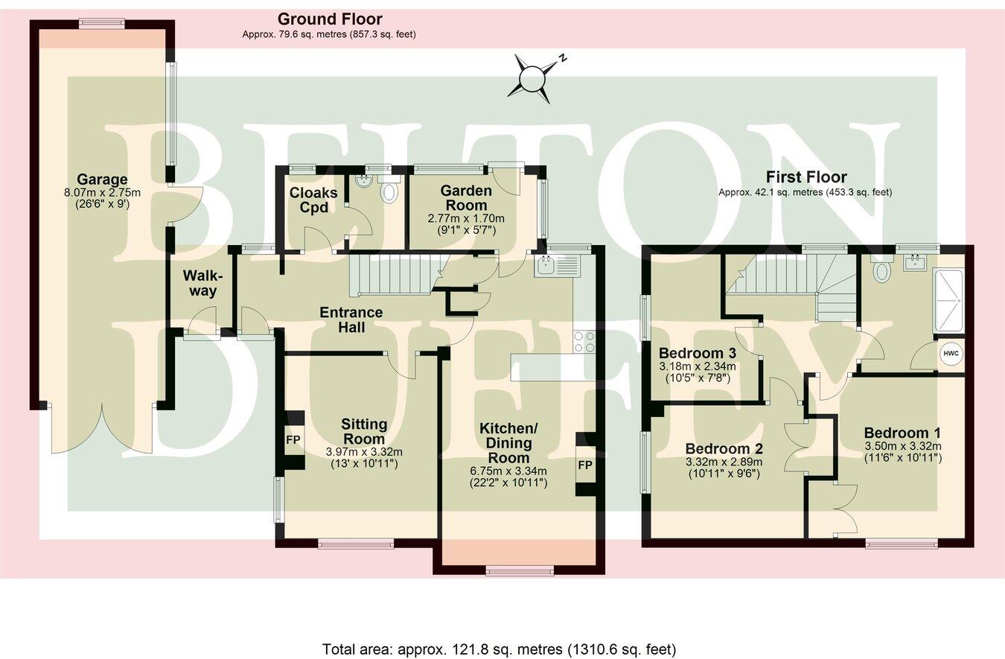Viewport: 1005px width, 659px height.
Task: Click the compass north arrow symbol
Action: pyautogui.click(x=533, y=77)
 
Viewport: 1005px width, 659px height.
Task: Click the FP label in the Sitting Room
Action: pyautogui.click(x=293, y=440)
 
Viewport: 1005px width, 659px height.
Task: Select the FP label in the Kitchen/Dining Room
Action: pyautogui.click(x=585, y=465)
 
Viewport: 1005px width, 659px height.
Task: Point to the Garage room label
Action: pyautogui.click(x=102, y=179)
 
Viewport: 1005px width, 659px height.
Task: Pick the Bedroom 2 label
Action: pyautogui.click(x=722, y=449)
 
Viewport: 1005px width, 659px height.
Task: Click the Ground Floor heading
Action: pyautogui.click(x=329, y=19)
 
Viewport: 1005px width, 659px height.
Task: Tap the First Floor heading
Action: pyautogui.click(x=806, y=177)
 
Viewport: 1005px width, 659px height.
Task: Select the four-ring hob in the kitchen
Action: pyautogui.click(x=584, y=342)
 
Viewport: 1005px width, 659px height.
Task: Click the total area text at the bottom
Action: pyautogui.click(x=499, y=649)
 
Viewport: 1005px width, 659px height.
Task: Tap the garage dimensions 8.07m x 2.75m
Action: pyautogui.click(x=102, y=192)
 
